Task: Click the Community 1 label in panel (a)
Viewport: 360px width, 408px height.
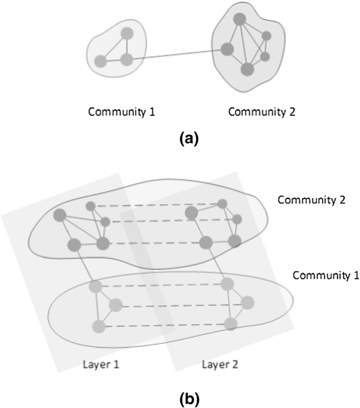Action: pyautogui.click(x=121, y=111)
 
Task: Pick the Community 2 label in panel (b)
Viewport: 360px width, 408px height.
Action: pyautogui.click(x=310, y=200)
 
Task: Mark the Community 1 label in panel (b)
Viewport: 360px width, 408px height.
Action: pyautogui.click(x=326, y=275)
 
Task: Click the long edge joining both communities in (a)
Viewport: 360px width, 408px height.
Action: pyautogui.click(x=176, y=55)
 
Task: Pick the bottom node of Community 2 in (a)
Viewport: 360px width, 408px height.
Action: pyautogui.click(x=247, y=69)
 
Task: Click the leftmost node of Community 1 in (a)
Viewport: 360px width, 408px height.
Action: pyautogui.click(x=100, y=62)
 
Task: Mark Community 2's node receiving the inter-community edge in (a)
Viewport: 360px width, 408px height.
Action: pyautogui.click(x=227, y=50)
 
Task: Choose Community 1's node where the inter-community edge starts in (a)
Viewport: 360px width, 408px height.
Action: pyautogui.click(x=127, y=59)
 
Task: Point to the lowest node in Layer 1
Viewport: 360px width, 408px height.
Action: pyautogui.click(x=98, y=327)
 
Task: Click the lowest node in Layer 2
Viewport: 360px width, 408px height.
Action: pyautogui.click(x=230, y=324)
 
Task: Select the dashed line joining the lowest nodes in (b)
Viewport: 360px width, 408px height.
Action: pyautogui.click(x=164, y=325)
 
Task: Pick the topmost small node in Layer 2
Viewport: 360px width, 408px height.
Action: pyautogui.click(x=222, y=203)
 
